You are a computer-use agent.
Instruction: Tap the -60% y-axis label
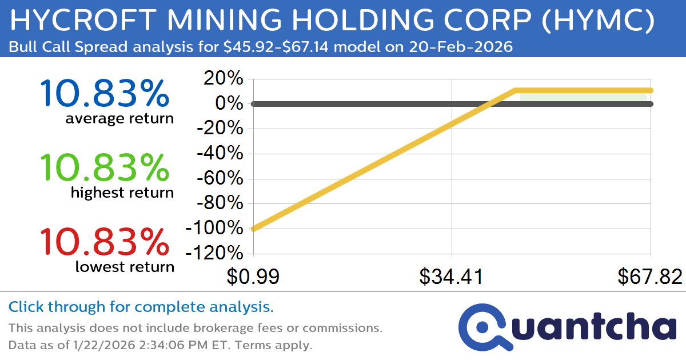220,178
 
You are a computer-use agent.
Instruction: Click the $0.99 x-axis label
253,277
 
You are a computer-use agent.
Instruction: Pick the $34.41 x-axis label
452,277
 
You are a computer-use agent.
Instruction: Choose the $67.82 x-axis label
650,277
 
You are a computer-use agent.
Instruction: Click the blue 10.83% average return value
105,94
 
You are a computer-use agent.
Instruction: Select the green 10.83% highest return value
105,168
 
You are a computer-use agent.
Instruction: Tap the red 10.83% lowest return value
105,242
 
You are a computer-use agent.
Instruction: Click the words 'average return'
119,119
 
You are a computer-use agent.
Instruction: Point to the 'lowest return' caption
125,267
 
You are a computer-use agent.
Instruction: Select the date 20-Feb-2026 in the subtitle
459,47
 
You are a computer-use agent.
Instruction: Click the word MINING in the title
216,21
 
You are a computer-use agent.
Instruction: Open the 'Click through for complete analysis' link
141,307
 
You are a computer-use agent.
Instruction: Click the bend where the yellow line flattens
516,90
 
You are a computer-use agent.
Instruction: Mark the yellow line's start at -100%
253,229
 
